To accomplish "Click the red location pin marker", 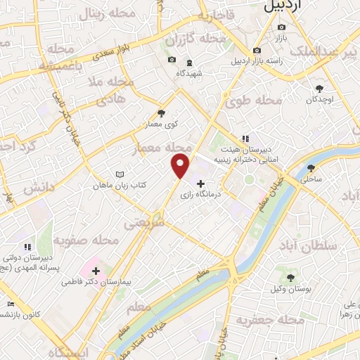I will [x=181, y=166].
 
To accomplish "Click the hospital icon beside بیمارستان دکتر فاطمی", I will [x=96, y=271].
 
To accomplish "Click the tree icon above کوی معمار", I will [x=161, y=113].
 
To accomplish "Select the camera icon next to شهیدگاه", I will [x=172, y=60].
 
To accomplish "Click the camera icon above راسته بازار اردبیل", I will [x=257, y=50].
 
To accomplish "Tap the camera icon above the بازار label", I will [x=281, y=27].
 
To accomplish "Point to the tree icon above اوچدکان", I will [x=320, y=88].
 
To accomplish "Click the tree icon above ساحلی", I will [x=311, y=168].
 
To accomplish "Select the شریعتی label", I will [x=143, y=222].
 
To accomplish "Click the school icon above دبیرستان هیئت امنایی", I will [x=245, y=139].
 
